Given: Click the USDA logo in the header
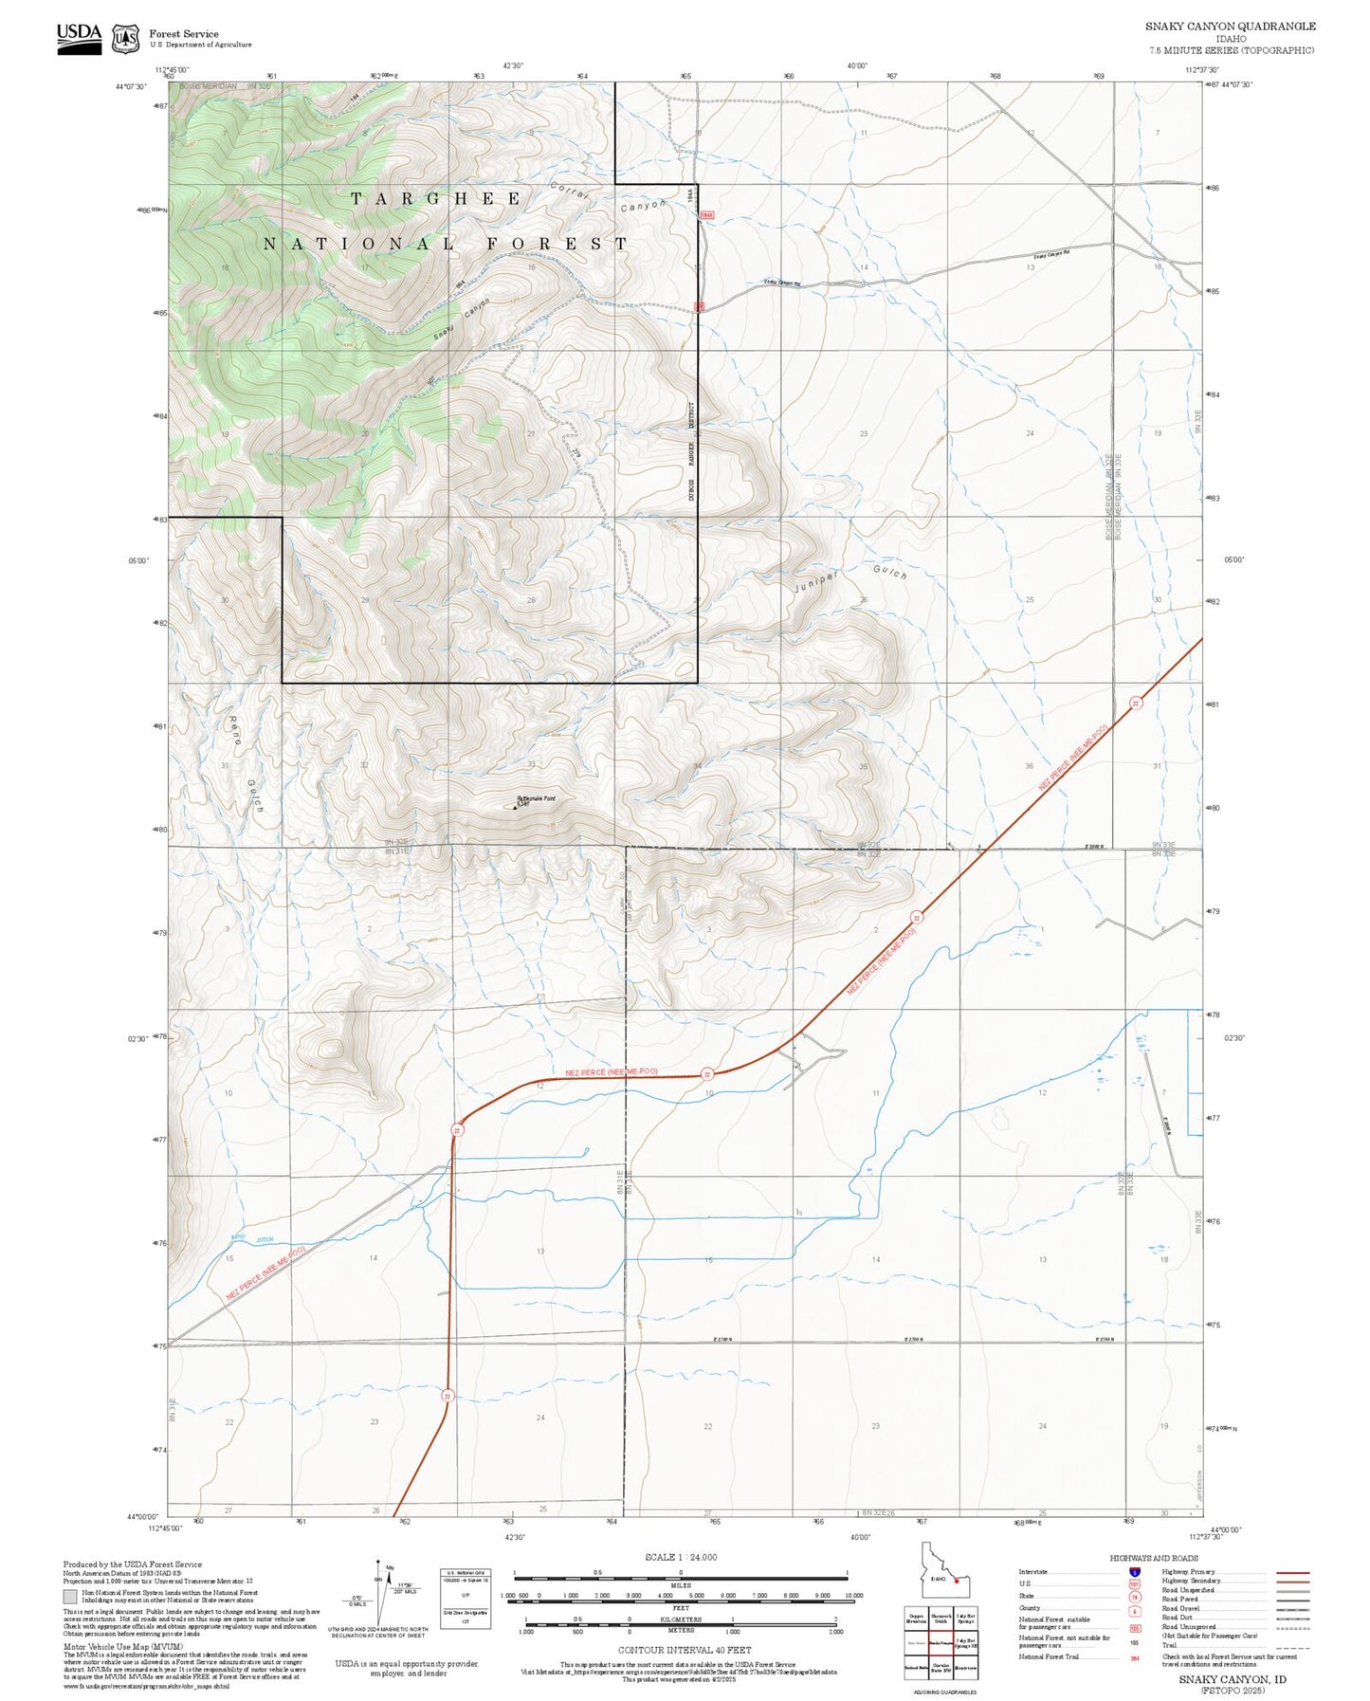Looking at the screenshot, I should coord(79,37).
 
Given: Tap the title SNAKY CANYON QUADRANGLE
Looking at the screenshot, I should coord(1230,26).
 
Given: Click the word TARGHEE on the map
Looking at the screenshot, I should coord(435,199).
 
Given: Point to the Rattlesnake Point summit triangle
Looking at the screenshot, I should coord(515,807).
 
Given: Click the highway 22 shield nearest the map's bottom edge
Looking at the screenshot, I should coord(447,1396).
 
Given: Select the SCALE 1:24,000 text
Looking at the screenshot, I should coord(680,1557).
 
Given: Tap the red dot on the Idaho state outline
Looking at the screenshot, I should coord(957,1581).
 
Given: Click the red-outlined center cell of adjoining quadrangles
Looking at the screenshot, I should coord(940,1642).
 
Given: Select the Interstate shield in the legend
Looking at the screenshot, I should coord(1134,1571).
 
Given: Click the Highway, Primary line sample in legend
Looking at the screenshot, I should coord(1292,1572).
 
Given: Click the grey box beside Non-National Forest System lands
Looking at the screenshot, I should coord(70,1596).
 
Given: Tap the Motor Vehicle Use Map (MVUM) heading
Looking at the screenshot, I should coord(103,1647).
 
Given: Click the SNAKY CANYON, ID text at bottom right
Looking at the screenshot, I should coord(1232,1679).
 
